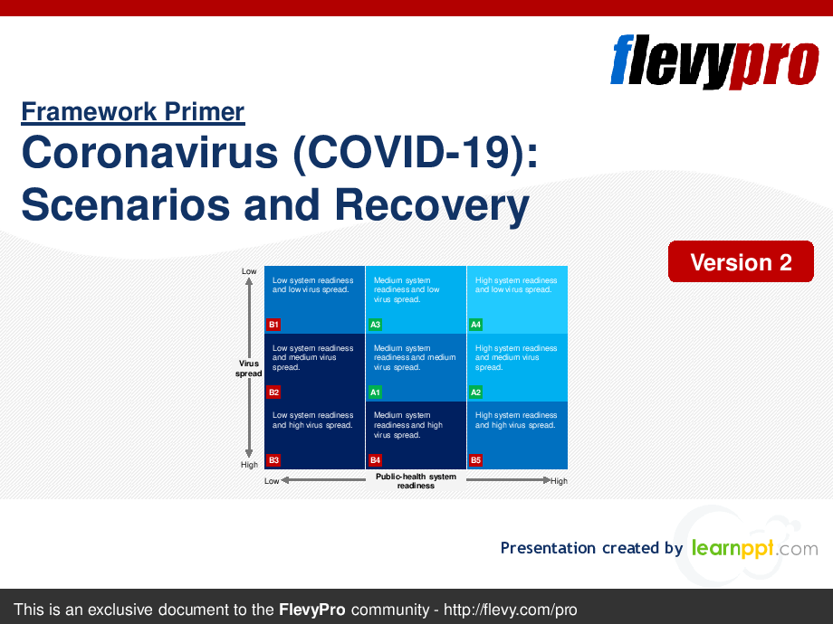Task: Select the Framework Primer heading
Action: [x=132, y=112]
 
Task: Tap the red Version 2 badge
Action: [x=741, y=262]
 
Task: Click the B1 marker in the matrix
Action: [x=273, y=325]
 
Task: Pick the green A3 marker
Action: [x=375, y=325]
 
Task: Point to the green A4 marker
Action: [x=476, y=325]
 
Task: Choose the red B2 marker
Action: [x=273, y=392]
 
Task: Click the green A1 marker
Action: [x=375, y=392]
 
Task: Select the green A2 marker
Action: [x=476, y=392]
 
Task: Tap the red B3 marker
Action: [x=273, y=459]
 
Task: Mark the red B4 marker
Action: [x=375, y=459]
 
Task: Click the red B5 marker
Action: [x=476, y=459]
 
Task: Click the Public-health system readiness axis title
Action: [x=416, y=481]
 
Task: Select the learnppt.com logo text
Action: [x=754, y=548]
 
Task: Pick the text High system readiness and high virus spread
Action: [x=516, y=421]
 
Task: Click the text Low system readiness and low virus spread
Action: [x=312, y=285]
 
